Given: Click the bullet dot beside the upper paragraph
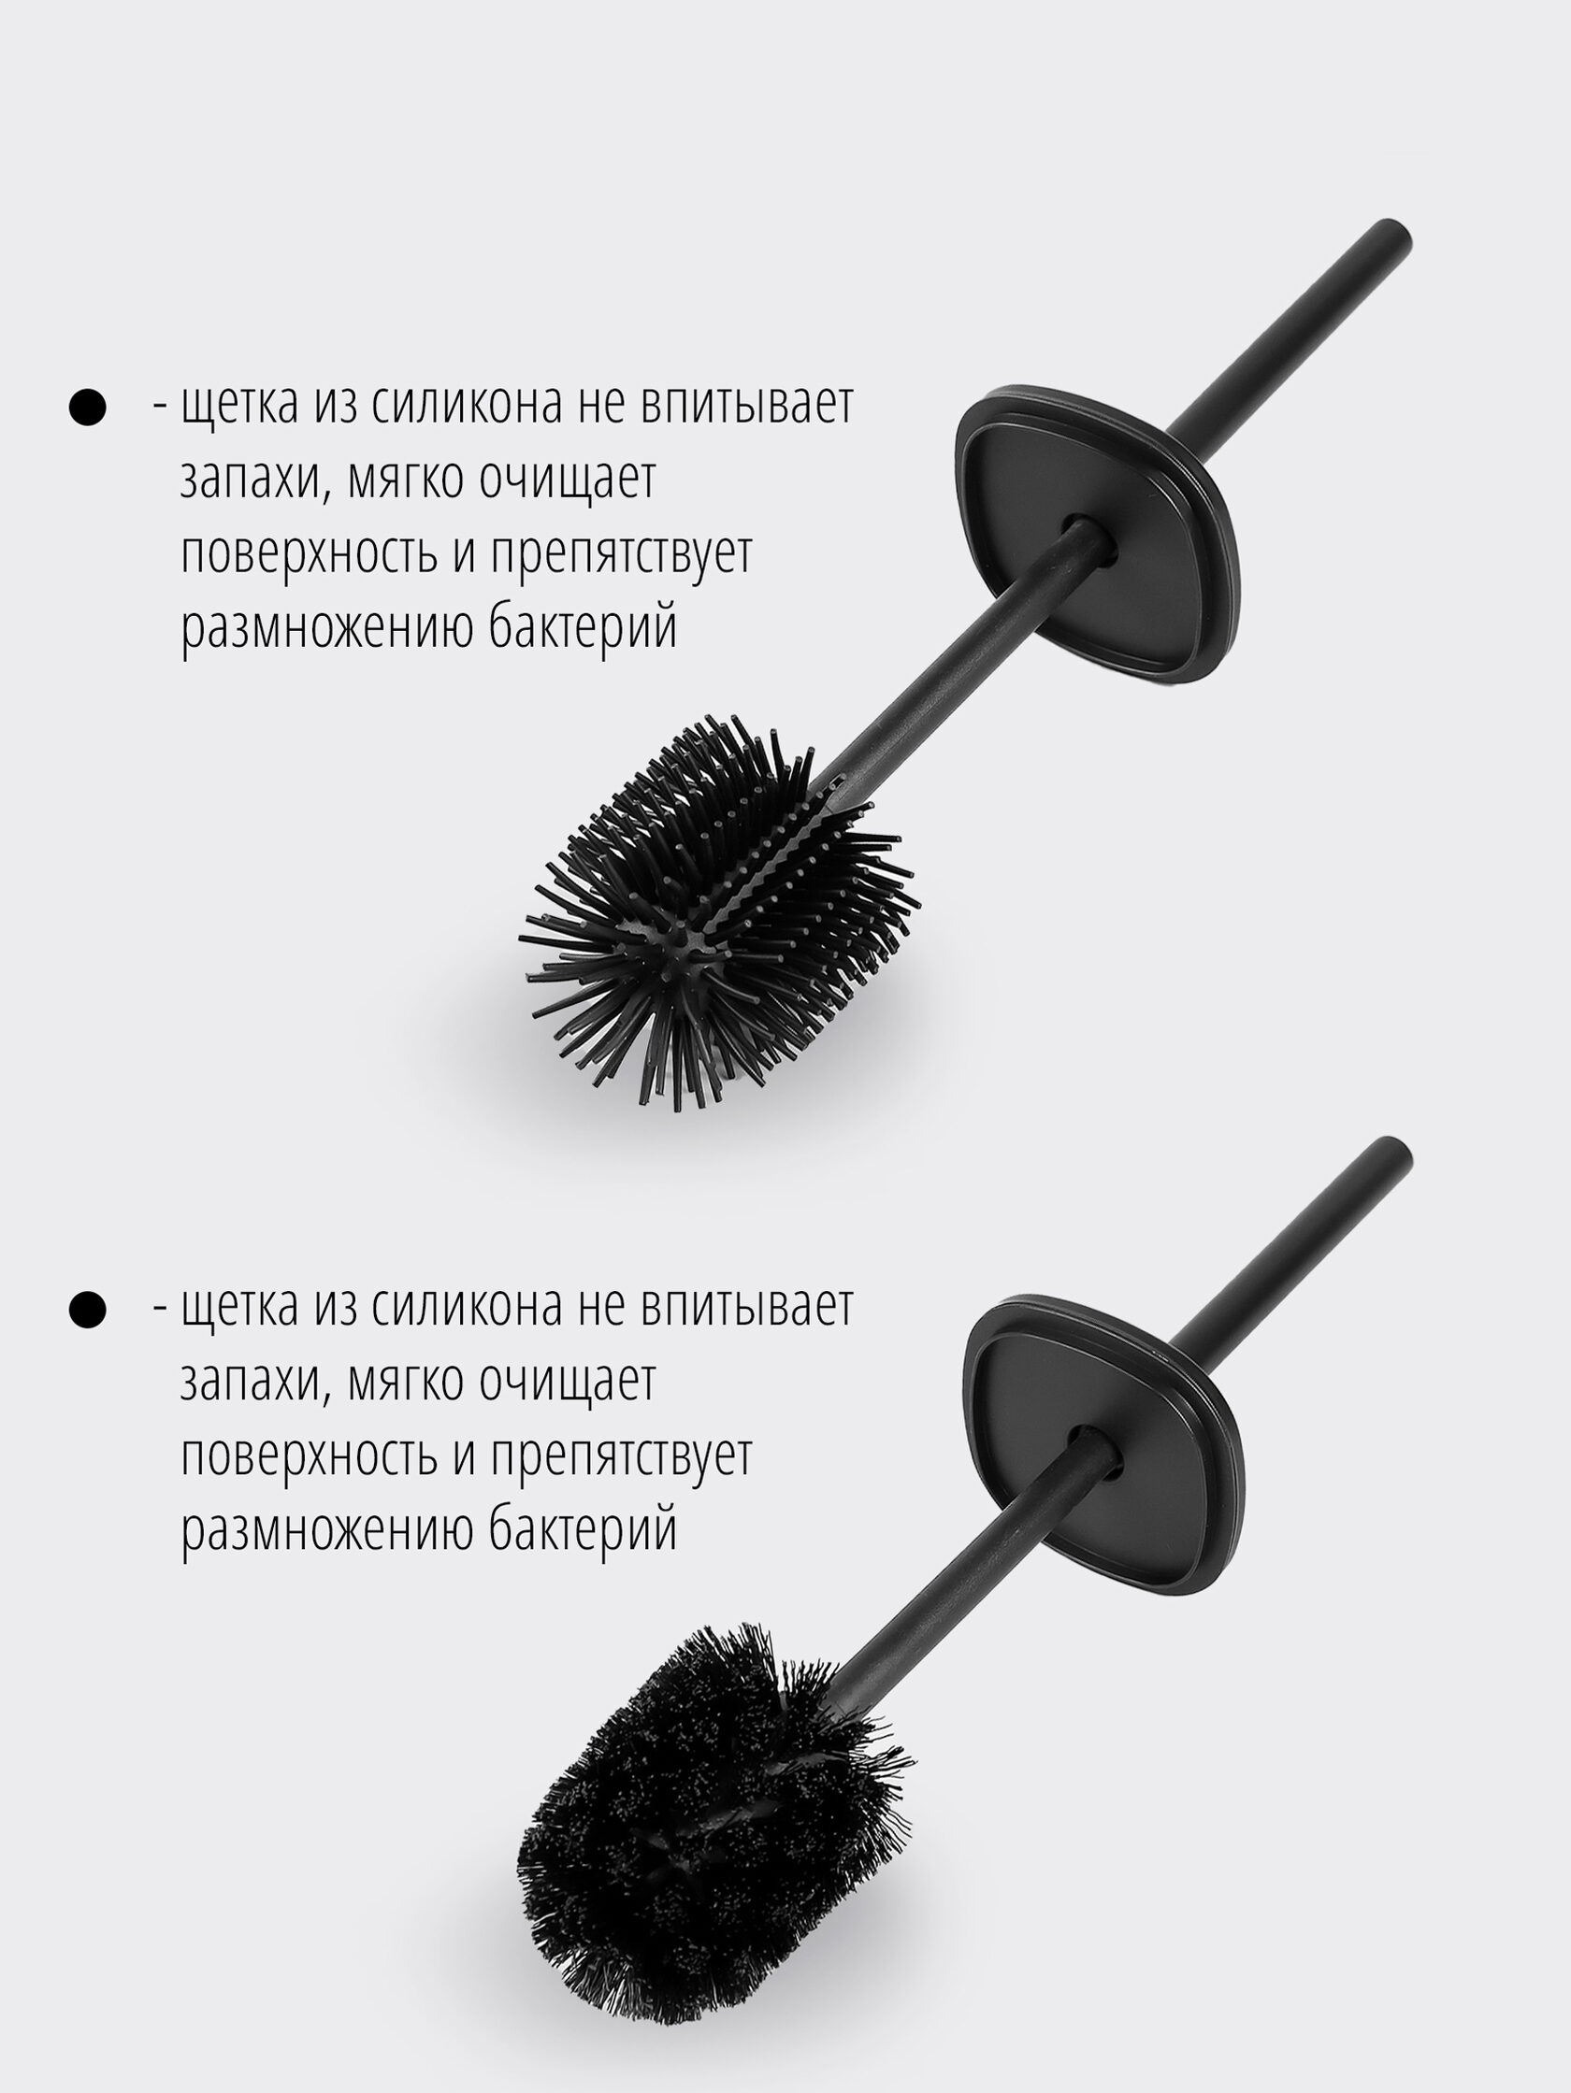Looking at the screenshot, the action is tap(87, 408).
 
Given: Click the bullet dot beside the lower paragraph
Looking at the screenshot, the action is tap(87, 1311).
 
